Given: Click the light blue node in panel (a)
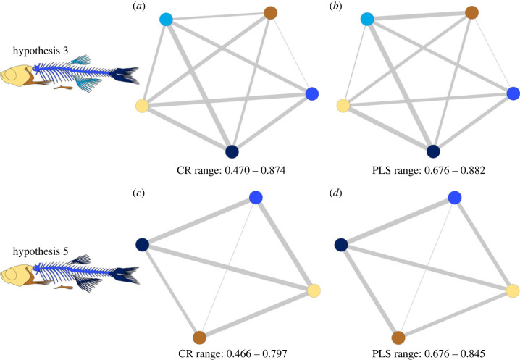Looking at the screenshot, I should coord(167,19).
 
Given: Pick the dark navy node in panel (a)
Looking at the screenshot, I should coord(232,151).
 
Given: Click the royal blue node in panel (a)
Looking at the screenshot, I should coord(312,93).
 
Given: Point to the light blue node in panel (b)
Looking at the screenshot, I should coord(367,19).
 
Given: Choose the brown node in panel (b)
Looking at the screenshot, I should coord(471,12).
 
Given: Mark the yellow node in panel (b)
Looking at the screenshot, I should coord(344,106).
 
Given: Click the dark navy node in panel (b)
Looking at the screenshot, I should coord(432,151).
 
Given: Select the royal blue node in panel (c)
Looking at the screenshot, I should coord(255,198).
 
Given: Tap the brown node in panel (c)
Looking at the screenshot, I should coord(199,337).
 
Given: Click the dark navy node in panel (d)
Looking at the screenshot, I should coord(341,245).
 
